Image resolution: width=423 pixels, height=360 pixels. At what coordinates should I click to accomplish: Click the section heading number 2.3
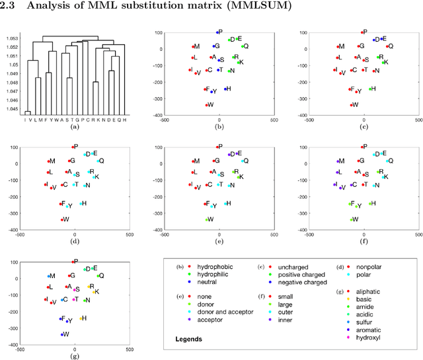click(x=11, y=7)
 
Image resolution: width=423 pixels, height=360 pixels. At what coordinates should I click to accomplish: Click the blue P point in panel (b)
click(x=217, y=32)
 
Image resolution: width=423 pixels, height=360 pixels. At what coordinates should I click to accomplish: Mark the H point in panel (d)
click(x=81, y=203)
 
